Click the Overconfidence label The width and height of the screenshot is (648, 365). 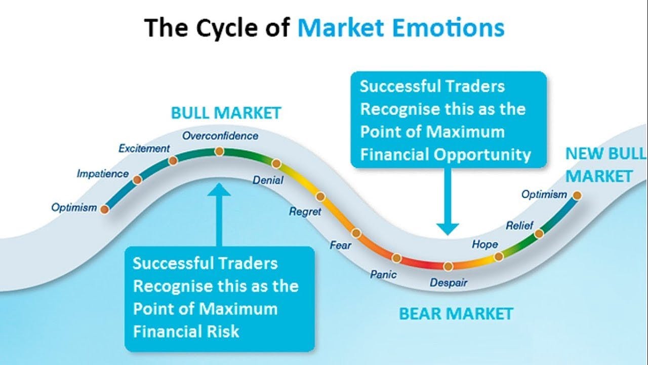click(220, 136)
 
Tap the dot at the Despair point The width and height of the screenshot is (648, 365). click(448, 266)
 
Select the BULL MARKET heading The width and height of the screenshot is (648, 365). click(226, 113)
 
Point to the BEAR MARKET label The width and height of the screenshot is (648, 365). click(456, 314)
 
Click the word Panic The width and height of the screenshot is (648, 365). click(383, 275)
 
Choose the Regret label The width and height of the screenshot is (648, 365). click(305, 211)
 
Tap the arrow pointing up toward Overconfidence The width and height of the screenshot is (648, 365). click(219, 213)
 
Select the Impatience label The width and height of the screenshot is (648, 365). click(103, 174)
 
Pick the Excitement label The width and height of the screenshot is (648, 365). click(144, 149)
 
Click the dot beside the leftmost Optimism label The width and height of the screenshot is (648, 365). click(104, 208)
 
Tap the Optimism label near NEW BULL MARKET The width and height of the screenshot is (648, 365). click(544, 194)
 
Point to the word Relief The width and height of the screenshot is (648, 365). click(519, 226)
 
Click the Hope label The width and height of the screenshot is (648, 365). click(484, 244)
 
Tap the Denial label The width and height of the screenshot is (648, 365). click(268, 180)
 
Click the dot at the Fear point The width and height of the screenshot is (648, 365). click(356, 233)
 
